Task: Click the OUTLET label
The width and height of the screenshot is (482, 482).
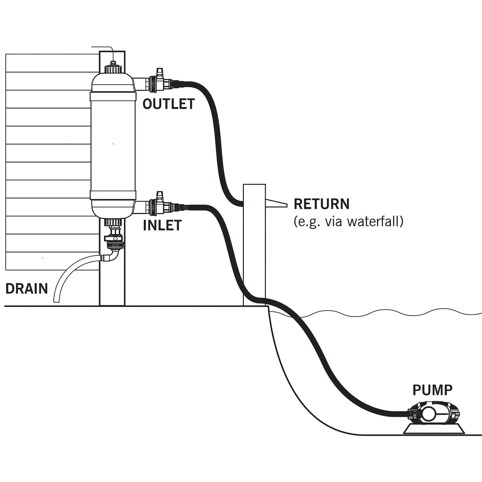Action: [x=168, y=104]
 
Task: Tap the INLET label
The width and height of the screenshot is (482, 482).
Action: [x=162, y=225]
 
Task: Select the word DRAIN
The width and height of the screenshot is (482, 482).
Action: [x=27, y=289]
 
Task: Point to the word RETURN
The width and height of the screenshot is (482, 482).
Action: [x=321, y=204]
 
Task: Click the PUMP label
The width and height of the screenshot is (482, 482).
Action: [x=432, y=390]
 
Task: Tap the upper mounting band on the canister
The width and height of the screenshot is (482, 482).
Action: [x=113, y=96]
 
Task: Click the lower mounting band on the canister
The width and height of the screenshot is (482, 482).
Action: [x=113, y=195]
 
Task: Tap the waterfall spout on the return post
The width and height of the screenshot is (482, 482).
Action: [x=276, y=203]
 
